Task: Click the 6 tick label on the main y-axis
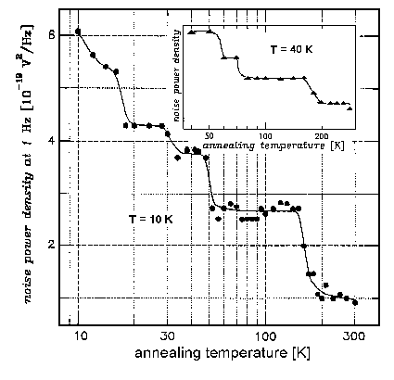point(52,35)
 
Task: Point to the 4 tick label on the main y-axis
point(52,141)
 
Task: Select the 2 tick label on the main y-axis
point(52,246)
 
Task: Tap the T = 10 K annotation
point(153,219)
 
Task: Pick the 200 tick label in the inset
point(322,134)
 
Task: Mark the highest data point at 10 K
point(78,32)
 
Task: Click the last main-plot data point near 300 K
point(355,301)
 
